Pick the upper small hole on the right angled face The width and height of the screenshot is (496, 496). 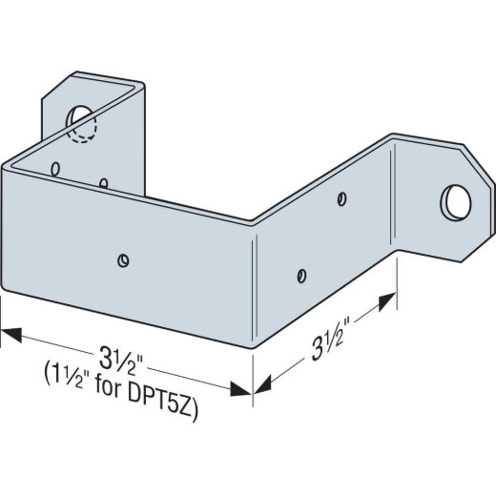pyautogui.click(x=341, y=199)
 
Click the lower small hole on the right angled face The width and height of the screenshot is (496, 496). pyautogui.click(x=301, y=276)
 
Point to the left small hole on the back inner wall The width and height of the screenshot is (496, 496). pyautogui.click(x=56, y=169)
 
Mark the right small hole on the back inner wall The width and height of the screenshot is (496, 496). pyautogui.click(x=102, y=182)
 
